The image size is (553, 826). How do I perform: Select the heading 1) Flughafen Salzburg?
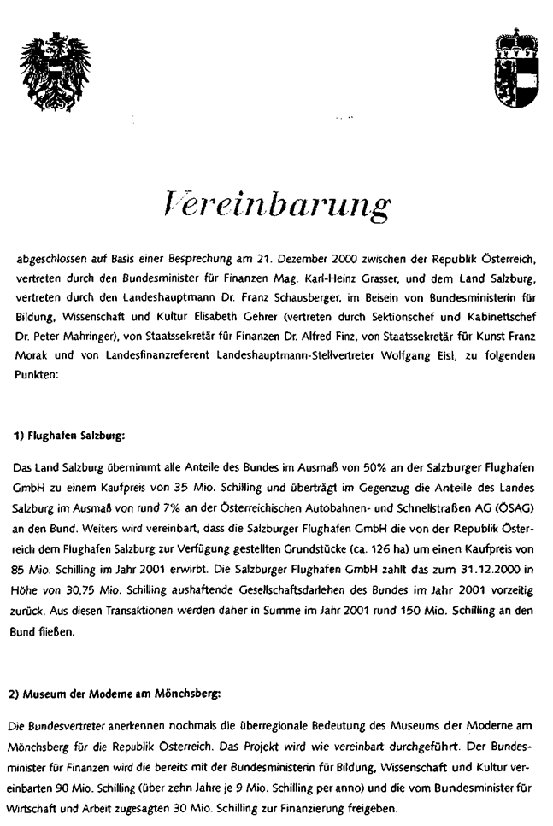click(x=70, y=436)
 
